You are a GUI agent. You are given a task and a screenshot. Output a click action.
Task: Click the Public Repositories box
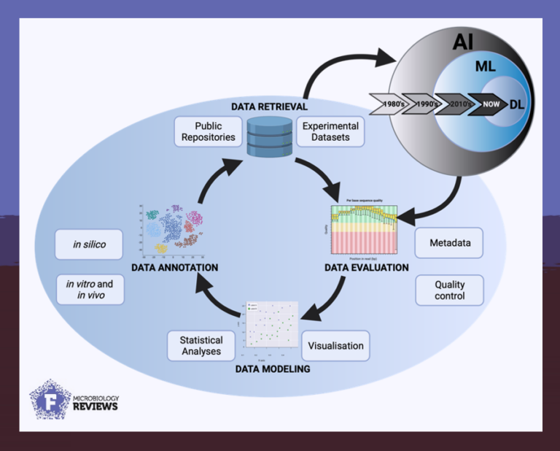209,131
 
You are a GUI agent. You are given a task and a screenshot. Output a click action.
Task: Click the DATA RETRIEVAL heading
269,107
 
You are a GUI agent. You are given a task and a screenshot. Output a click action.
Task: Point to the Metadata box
449,242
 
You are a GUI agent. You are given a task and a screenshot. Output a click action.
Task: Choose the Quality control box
449,290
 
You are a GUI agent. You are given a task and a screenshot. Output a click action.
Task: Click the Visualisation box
335,345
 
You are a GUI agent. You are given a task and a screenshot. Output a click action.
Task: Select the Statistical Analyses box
201,345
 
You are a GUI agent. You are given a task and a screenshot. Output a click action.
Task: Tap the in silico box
89,244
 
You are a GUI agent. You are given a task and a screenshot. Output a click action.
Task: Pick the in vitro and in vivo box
89,289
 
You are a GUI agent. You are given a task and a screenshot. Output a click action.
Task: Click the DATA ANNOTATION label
174,268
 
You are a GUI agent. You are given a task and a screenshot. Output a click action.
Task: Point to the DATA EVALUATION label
366,268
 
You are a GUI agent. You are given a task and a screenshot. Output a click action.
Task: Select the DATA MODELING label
273,369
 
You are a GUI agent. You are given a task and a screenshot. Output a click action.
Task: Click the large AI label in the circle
462,42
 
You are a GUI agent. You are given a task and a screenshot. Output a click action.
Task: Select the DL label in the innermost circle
517,104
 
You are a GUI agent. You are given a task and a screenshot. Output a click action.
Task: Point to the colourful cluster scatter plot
174,232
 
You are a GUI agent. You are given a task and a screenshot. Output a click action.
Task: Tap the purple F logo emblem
50,400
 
